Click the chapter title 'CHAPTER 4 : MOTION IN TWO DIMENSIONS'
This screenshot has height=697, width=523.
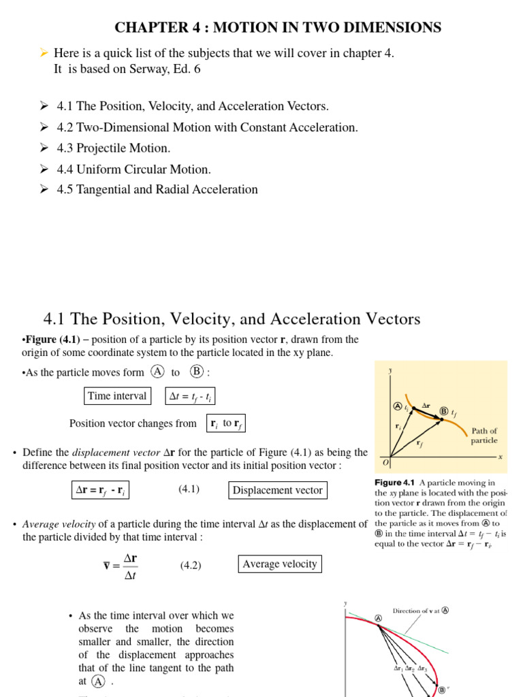(278, 27)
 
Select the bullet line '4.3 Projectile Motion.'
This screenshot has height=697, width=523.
(114, 148)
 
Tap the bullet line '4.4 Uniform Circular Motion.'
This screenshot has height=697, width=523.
(133, 169)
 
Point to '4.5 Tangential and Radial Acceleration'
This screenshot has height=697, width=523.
(157, 189)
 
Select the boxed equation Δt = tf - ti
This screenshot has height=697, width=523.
(191, 397)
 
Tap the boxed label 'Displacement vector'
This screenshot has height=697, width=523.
(277, 490)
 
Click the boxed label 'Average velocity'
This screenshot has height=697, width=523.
(280, 564)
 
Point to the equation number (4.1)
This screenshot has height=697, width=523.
(189, 489)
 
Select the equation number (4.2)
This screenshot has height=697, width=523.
(191, 566)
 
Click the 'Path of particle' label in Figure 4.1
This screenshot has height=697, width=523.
(484, 436)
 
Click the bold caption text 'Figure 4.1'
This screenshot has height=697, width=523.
(394, 483)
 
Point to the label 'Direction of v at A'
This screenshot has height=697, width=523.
(420, 611)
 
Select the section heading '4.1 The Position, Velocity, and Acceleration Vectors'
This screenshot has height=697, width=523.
(232, 319)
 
